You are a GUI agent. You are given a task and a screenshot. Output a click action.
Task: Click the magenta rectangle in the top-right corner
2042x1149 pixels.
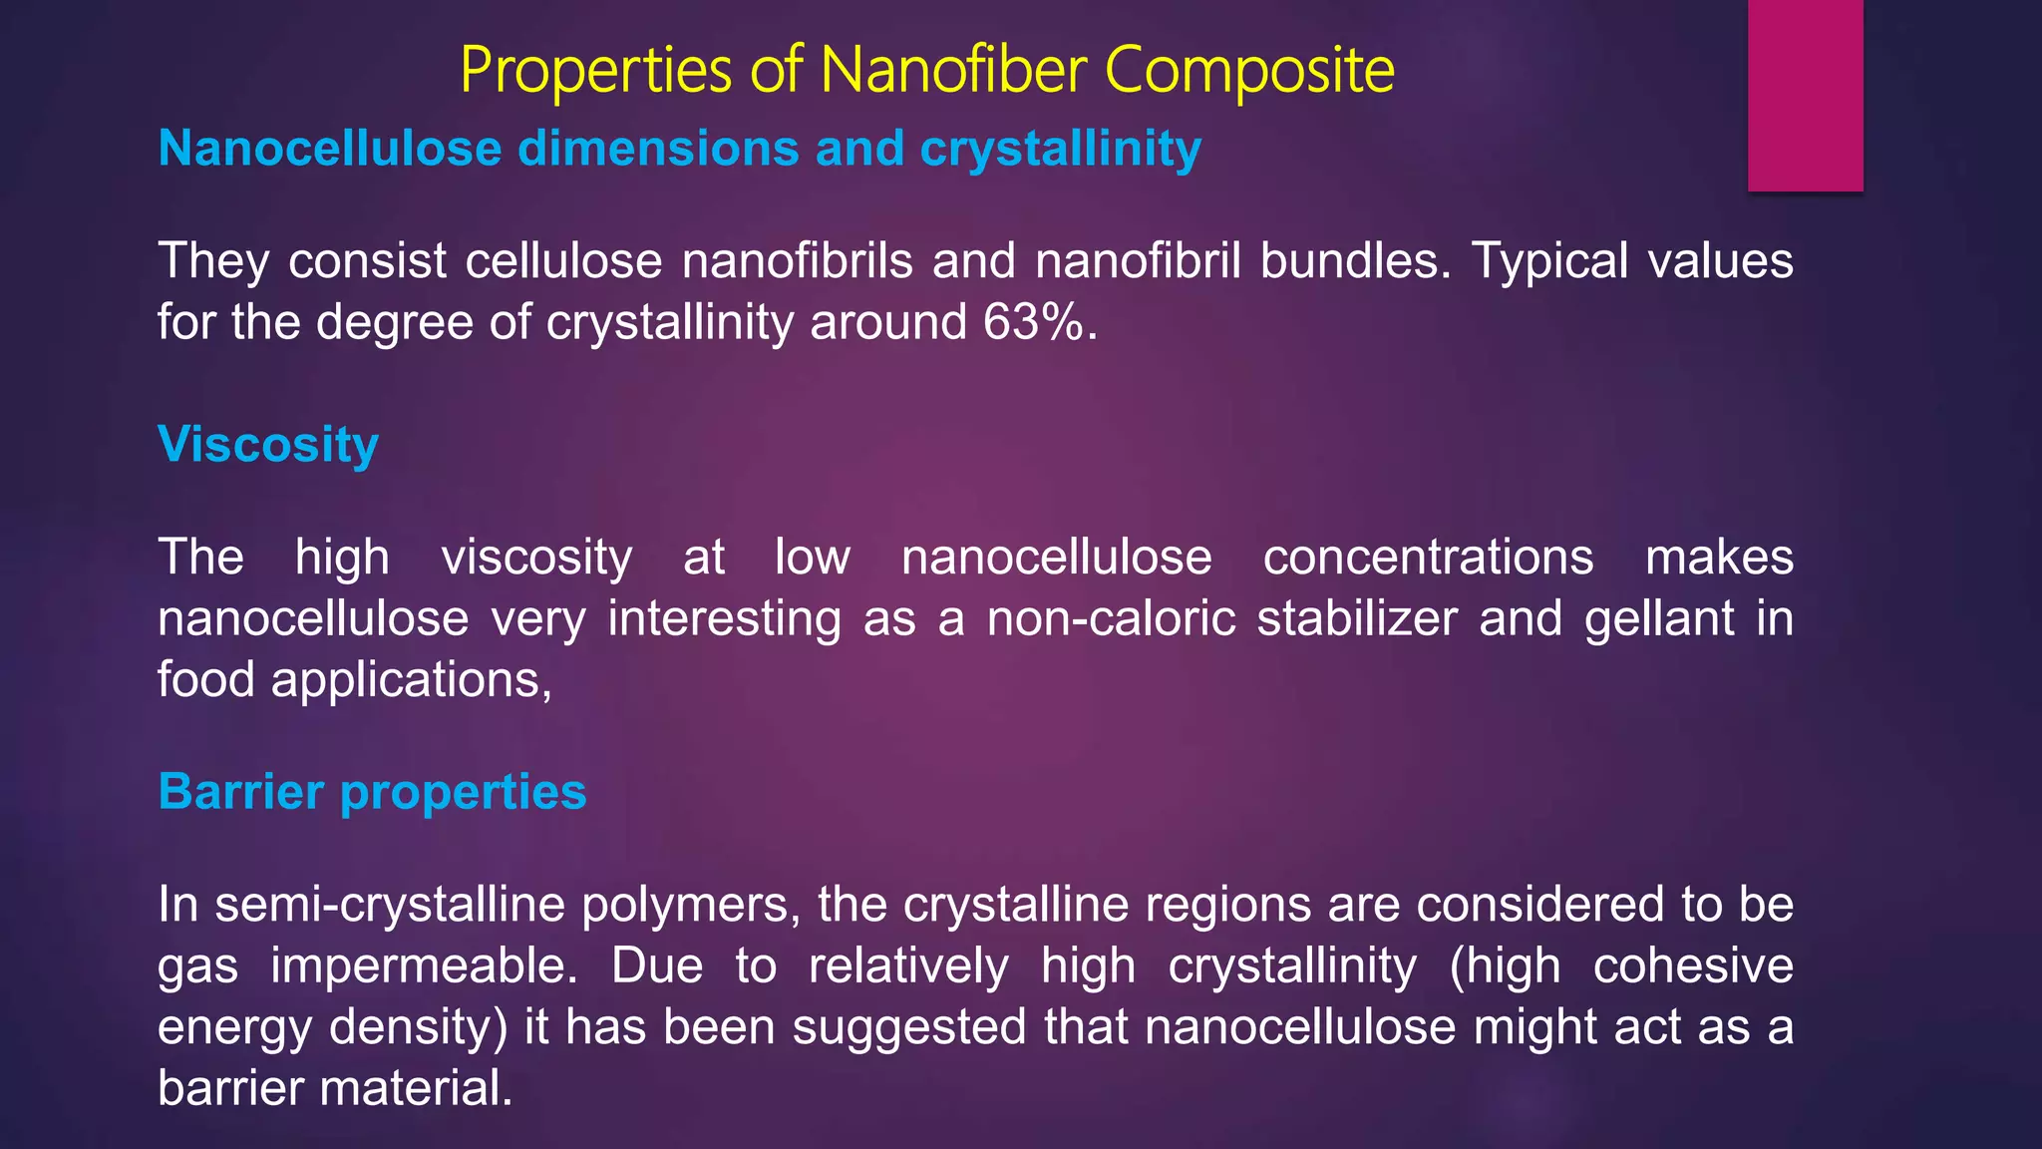pyautogui.click(x=1805, y=95)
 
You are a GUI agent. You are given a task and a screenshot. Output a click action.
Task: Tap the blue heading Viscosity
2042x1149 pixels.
pyautogui.click(x=268, y=444)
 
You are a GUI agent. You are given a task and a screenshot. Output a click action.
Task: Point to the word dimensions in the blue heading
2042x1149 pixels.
pyautogui.click(x=659, y=149)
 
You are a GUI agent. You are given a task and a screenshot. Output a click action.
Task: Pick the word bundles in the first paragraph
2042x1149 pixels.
pyautogui.click(x=1355, y=261)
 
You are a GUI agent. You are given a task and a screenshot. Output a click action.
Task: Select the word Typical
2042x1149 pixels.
pyautogui.click(x=1550, y=261)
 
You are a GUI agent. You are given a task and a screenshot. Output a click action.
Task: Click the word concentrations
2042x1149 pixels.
pyautogui.click(x=1428, y=557)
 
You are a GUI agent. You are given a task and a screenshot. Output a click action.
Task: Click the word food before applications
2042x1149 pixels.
pyautogui.click(x=206, y=680)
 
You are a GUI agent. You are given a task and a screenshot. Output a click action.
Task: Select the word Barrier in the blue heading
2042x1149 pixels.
pyautogui.click(x=241, y=792)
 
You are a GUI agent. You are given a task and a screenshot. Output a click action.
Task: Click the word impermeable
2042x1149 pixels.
pyautogui.click(x=424, y=966)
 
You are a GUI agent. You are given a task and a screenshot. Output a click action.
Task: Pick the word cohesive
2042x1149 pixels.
pyautogui.click(x=1693, y=965)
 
